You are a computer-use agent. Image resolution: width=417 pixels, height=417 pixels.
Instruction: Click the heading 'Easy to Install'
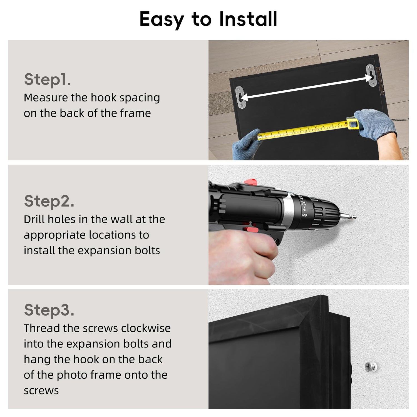point(208,19)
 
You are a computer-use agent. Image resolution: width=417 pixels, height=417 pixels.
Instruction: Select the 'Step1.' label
point(47,80)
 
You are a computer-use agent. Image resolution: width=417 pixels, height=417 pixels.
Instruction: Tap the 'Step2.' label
point(49,201)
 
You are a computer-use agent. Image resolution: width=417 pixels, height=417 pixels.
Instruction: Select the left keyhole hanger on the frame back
point(240,97)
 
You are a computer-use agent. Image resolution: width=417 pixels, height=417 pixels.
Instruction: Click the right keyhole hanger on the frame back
point(370,75)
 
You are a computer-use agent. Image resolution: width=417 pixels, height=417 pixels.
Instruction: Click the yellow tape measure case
point(352,123)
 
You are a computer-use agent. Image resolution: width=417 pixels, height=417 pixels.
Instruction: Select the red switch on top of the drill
point(250,182)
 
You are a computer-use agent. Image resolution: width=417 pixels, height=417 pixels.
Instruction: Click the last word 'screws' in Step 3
point(41,391)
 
